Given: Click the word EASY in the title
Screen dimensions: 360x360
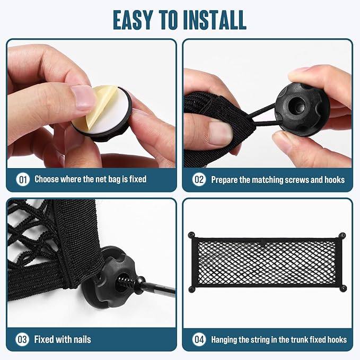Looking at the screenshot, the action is [133, 20].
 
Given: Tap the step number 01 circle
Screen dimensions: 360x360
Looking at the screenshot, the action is [23, 179].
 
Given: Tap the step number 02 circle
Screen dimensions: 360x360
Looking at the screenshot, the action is [199, 179].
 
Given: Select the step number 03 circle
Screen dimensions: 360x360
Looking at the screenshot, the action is [22, 339].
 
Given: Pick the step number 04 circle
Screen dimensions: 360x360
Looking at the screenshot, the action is [199, 339].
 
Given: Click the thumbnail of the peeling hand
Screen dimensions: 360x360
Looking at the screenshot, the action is [83, 97].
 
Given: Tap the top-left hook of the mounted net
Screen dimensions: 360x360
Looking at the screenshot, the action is [191, 235].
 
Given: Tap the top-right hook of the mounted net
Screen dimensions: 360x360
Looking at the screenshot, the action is [343, 235].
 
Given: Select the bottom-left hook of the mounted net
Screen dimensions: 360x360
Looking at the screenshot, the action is [192, 289].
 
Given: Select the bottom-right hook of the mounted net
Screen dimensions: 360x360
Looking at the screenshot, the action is [343, 288].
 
